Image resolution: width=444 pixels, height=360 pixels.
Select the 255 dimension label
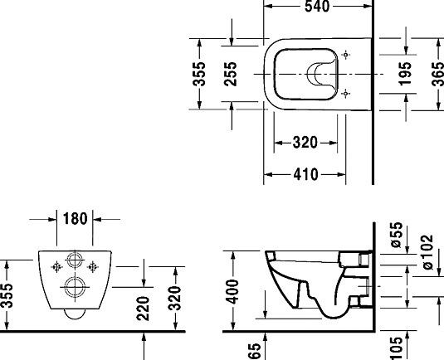231,75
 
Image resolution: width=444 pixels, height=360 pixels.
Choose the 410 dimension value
306,175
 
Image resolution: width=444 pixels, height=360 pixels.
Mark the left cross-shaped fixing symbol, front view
56,267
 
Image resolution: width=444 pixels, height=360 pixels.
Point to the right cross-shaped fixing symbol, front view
93,267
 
